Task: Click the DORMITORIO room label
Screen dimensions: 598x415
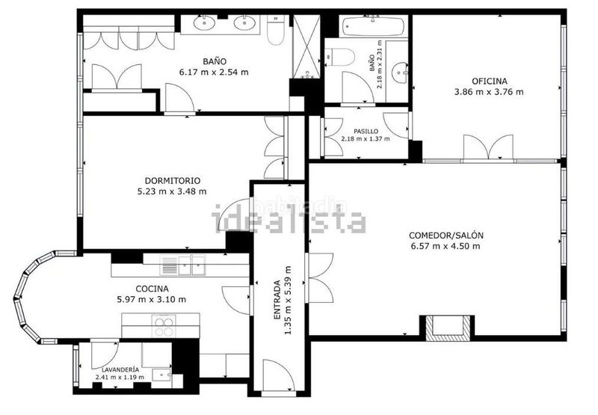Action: pos(173,180)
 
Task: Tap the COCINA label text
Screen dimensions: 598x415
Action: pos(152,289)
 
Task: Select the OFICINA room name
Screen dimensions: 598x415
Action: pos(490,82)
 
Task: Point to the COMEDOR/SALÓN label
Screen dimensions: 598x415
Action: pos(446,236)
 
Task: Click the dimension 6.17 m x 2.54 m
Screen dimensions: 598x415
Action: pos(214,72)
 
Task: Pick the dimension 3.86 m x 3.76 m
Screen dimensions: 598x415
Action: pos(489,92)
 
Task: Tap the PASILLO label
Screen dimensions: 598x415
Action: pos(366,131)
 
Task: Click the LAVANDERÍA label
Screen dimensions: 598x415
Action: pos(120,369)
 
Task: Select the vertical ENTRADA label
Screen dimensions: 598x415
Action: pos(277,300)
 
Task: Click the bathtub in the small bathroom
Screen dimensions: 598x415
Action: pos(373,26)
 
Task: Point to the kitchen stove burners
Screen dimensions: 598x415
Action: pos(164,326)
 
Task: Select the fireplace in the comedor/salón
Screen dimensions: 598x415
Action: pos(447,328)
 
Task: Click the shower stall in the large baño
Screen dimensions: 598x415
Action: pos(306,46)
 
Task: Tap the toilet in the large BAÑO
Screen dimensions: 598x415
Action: pos(276,31)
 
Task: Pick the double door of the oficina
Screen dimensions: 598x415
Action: pos(489,147)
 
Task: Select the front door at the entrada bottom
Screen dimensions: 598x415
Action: pos(279,375)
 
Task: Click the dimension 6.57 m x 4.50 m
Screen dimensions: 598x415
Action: pos(446,246)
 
